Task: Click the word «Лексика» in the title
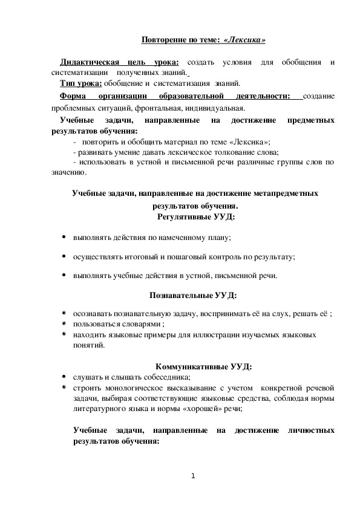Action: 244,40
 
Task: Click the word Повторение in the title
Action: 163,40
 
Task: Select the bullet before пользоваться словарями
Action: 64,324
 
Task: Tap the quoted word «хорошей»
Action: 201,409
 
